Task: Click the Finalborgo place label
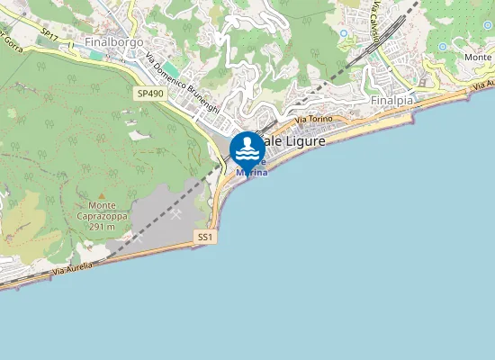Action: [113, 41]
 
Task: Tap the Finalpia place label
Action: [391, 101]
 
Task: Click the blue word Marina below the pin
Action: [252, 172]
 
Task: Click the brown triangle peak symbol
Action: [102, 195]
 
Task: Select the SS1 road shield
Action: [205, 237]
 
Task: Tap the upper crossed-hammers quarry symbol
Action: [175, 214]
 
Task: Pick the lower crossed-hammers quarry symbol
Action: [138, 239]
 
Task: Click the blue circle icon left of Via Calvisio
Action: [343, 34]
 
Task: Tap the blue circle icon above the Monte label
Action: [488, 25]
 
